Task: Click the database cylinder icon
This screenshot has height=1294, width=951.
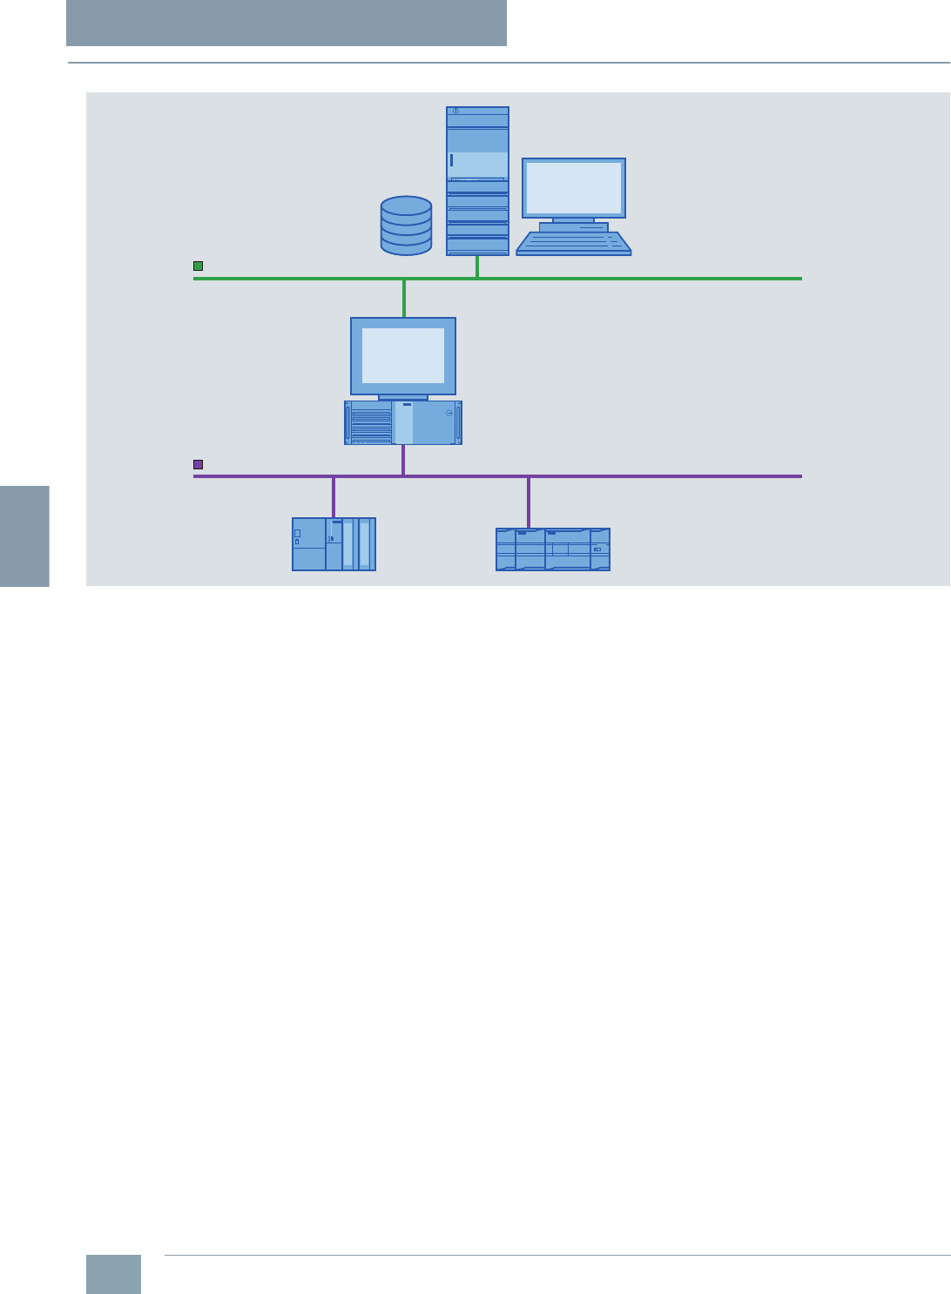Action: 406,226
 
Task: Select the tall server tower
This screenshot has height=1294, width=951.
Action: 477,181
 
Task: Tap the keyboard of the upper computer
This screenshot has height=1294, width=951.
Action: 574,242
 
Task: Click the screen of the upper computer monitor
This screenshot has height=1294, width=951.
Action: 574,187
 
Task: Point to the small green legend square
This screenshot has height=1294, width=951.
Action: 199,266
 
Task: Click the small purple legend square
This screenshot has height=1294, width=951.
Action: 199,465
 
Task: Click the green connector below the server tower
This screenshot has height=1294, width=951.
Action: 477,266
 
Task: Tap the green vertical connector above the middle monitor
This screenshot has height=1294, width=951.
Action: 404,298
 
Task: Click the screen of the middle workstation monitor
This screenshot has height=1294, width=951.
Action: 403,355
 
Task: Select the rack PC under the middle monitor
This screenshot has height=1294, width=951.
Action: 403,423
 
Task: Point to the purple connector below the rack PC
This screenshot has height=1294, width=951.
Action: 403,460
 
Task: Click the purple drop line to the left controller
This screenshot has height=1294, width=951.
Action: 334,497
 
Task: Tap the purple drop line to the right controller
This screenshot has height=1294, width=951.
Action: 529,502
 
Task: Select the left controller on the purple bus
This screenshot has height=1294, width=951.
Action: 334,544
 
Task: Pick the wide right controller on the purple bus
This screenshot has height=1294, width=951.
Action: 553,549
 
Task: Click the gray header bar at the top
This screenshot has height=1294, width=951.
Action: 287,23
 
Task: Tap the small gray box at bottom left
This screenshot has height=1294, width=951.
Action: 113,1274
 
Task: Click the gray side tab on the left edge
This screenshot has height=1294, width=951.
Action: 24,536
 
